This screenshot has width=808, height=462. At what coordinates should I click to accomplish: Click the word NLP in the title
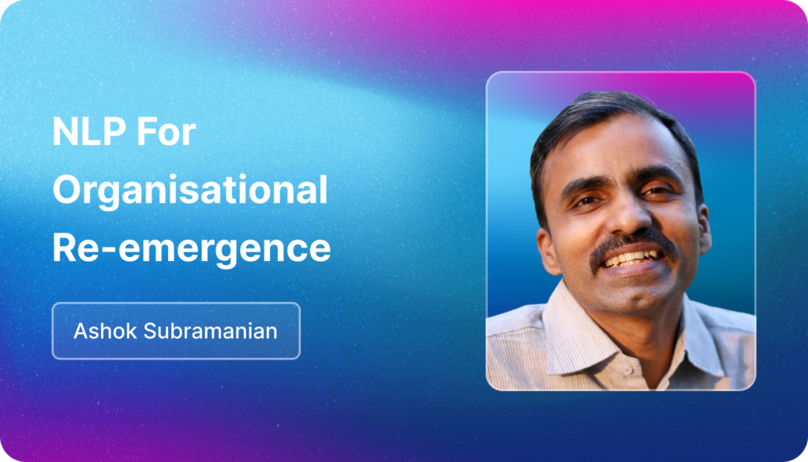(x=89, y=132)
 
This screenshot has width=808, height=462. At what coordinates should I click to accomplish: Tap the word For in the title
(x=166, y=132)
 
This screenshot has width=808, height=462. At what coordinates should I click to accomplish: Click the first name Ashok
(x=105, y=330)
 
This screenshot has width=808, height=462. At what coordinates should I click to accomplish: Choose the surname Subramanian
(x=210, y=330)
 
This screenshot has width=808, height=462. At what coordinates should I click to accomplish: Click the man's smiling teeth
(x=634, y=259)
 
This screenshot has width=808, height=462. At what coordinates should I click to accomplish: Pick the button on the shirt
(x=628, y=370)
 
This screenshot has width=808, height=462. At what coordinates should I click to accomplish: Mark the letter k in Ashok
(x=131, y=330)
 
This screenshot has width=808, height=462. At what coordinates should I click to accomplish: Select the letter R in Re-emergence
(x=65, y=248)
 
